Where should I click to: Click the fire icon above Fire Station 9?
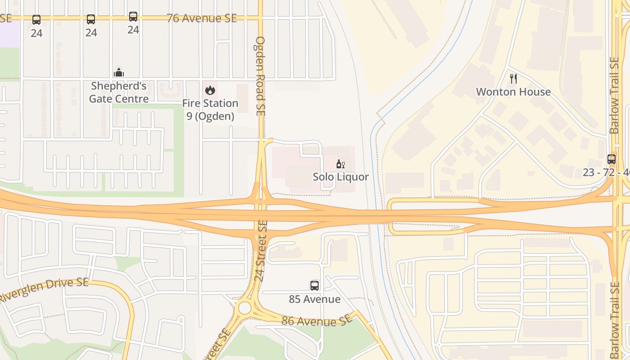(x=210, y=90)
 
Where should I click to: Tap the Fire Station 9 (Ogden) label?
(x=210, y=110)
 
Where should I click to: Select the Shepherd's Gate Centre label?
(x=119, y=92)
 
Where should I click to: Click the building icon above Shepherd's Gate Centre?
(x=119, y=72)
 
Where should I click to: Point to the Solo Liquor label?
(x=341, y=177)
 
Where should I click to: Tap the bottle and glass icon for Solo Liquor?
(x=341, y=164)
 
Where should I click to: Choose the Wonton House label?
(x=513, y=92)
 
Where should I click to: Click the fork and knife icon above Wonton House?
(x=513, y=79)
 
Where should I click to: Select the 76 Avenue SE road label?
(x=202, y=18)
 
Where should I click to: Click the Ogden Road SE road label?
(x=260, y=76)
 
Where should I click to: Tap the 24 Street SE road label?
(x=261, y=251)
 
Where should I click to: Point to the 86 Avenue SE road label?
(x=317, y=320)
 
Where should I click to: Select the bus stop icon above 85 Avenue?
(x=315, y=285)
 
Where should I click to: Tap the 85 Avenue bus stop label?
(x=315, y=299)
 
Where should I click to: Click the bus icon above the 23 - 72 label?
(x=611, y=159)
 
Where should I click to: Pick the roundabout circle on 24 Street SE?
(x=244, y=308)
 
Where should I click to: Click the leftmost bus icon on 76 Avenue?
(x=36, y=20)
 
